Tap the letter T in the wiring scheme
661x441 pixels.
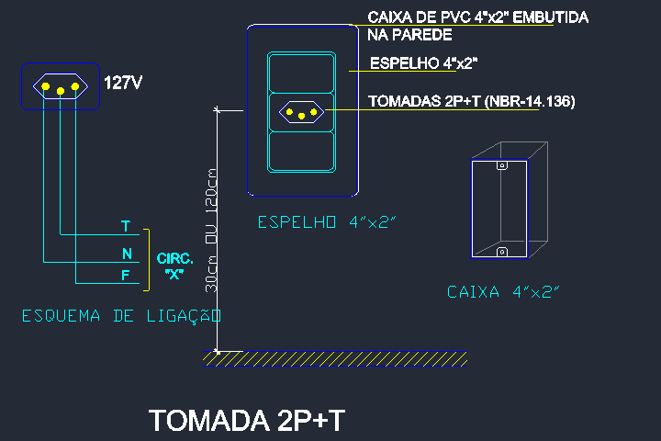click(x=126, y=226)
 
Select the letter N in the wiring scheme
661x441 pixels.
click(x=126, y=253)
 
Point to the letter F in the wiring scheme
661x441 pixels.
click(x=126, y=275)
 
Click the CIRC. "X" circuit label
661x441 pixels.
click(x=174, y=266)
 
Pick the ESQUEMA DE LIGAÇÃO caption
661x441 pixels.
click(x=122, y=316)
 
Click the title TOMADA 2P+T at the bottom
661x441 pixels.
click(x=247, y=420)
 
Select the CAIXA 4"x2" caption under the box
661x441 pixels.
click(x=503, y=292)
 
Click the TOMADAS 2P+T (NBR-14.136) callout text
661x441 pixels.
click(x=471, y=101)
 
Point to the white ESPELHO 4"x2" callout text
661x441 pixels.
click(x=423, y=63)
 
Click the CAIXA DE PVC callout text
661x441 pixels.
click(x=477, y=26)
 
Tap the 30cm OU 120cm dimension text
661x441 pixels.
click(x=211, y=231)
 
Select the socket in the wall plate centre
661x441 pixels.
click(x=301, y=112)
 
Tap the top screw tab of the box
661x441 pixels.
click(x=501, y=167)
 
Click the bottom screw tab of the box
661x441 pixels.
click(x=501, y=251)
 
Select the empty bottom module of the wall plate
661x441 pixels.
click(x=301, y=152)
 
